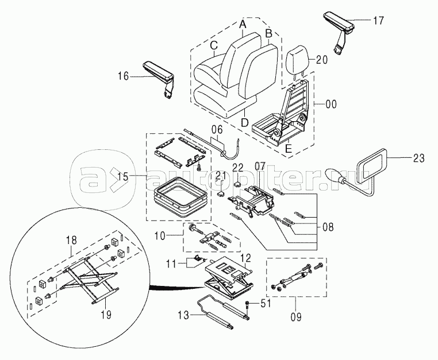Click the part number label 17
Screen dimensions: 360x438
(x=378, y=21)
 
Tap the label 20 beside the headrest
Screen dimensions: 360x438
(x=321, y=59)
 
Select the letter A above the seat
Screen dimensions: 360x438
(x=243, y=25)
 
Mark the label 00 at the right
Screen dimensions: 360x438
(x=331, y=105)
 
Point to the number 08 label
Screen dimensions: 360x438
(x=327, y=226)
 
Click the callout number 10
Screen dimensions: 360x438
(x=160, y=235)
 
